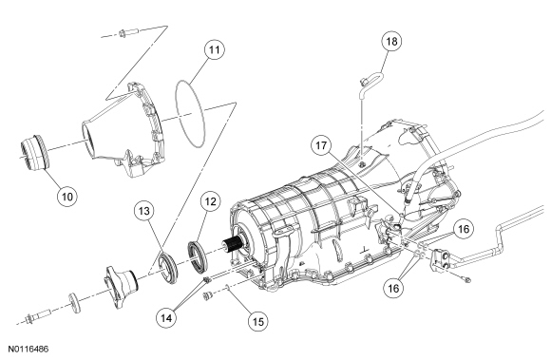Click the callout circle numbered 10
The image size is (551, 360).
[67, 196]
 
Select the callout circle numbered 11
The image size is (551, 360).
[215, 49]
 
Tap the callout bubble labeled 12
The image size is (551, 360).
[210, 201]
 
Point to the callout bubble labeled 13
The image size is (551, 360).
[144, 211]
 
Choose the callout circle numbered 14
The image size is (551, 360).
[166, 318]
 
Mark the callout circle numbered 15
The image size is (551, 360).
[258, 321]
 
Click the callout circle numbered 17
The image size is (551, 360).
[321, 145]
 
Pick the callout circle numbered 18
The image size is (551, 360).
[391, 41]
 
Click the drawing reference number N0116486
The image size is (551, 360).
[28, 350]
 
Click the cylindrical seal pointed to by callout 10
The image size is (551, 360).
[35, 153]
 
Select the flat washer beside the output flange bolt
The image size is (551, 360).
[74, 302]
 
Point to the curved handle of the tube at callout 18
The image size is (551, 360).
[373, 74]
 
